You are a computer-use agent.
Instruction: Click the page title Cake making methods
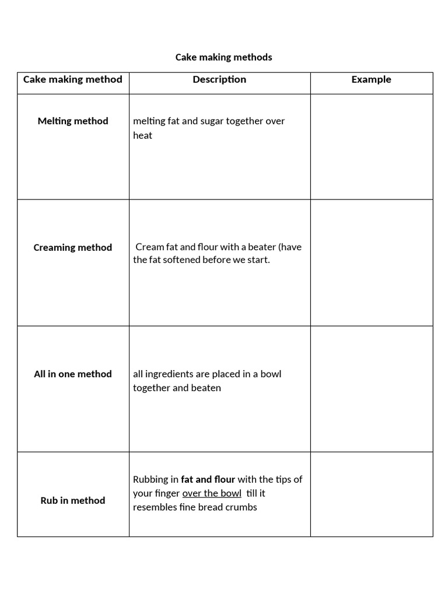[223, 57]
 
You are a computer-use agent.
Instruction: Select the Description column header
[219, 79]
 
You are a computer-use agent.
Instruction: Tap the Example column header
[371, 79]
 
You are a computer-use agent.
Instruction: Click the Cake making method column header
[73, 79]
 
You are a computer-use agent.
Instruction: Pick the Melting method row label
[73, 121]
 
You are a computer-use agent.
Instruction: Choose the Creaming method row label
[73, 248]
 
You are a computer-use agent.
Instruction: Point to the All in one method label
[73, 374]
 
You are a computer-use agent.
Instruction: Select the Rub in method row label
[73, 501]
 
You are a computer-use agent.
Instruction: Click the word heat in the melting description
[142, 136]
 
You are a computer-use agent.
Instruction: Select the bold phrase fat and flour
[208, 480]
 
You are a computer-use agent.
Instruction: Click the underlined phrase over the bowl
[212, 494]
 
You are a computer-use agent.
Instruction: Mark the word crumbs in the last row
[240, 507]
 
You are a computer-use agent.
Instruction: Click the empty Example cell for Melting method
[371, 147]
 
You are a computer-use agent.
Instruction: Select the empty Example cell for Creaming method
[371, 263]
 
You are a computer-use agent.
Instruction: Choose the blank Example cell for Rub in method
[371, 494]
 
